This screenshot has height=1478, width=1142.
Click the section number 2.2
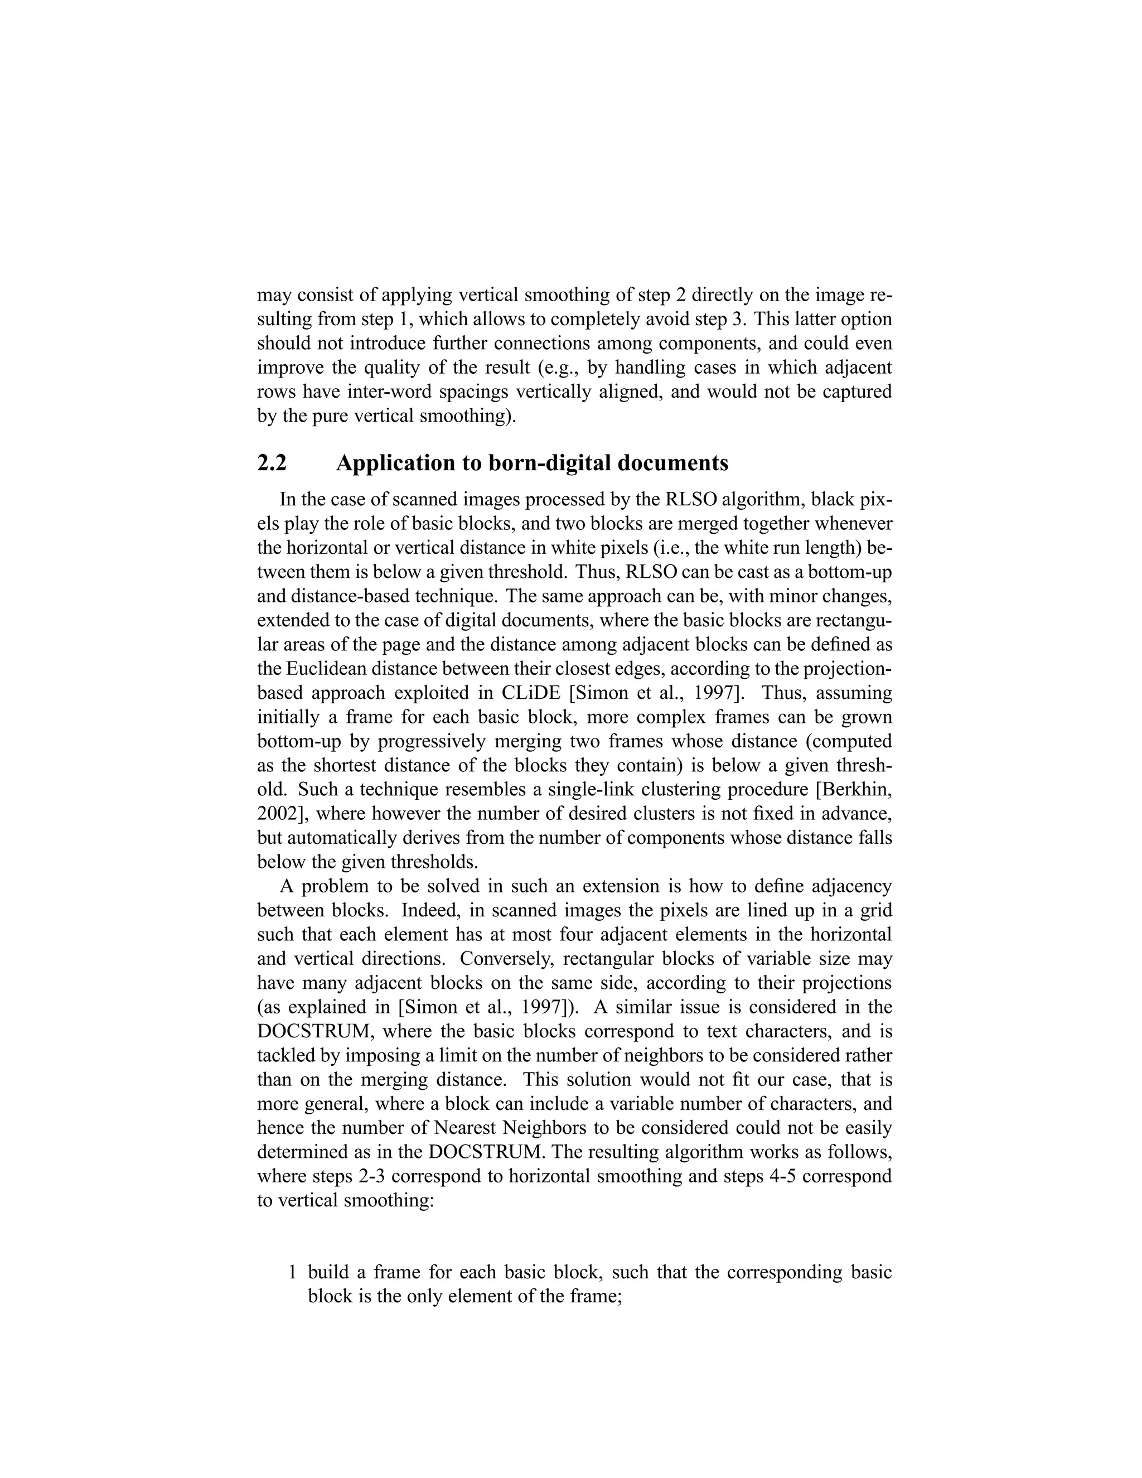[x=272, y=463]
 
